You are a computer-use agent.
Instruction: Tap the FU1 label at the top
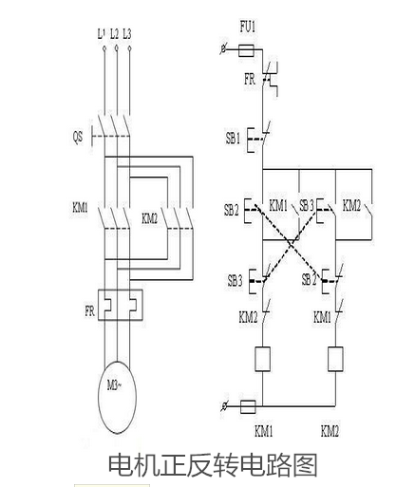click(x=247, y=27)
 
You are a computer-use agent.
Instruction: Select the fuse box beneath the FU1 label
click(x=246, y=50)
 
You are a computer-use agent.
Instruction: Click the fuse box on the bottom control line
click(x=248, y=406)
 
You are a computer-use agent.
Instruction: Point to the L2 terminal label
click(x=114, y=34)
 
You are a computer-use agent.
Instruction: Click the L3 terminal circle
click(x=129, y=48)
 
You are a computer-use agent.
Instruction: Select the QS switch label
click(x=78, y=137)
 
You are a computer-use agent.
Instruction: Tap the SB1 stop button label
click(x=233, y=139)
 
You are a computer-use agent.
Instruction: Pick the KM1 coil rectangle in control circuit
click(x=262, y=359)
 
